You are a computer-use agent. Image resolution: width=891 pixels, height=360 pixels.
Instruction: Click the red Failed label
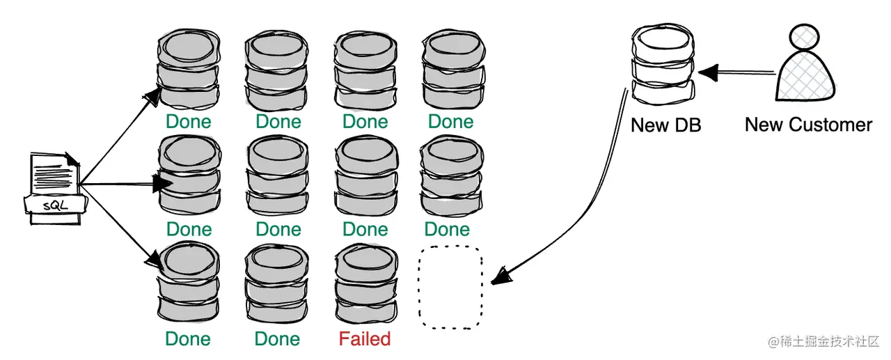click(x=365, y=339)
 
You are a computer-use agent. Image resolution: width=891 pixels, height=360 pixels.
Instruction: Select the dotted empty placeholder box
click(x=451, y=289)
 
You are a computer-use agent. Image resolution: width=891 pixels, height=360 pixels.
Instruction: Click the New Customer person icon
click(x=805, y=67)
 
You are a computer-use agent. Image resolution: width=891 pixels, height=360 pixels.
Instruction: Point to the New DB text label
click(x=665, y=125)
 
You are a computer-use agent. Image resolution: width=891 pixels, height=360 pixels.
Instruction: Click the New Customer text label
click(x=808, y=125)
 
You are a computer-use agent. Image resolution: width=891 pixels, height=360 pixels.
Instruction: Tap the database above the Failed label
click(x=365, y=285)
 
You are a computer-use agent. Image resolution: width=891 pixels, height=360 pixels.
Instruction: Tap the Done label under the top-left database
click(x=189, y=122)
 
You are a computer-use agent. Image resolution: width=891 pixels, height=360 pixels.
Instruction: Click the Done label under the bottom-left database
click(x=188, y=339)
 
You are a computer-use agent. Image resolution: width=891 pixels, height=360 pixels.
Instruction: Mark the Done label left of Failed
click(x=277, y=339)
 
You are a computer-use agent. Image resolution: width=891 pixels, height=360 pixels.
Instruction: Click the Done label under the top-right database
click(x=450, y=122)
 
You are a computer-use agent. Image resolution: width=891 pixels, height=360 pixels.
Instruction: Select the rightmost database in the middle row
click(x=450, y=175)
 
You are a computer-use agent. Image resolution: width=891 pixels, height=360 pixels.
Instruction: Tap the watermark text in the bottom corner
click(x=825, y=342)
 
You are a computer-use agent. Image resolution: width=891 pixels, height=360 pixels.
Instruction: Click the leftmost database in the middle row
click(x=189, y=175)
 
